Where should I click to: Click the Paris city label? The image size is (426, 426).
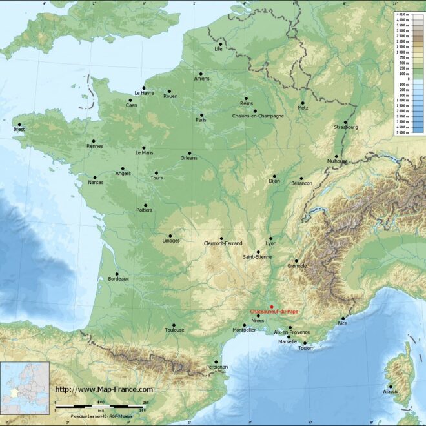pos(201,120)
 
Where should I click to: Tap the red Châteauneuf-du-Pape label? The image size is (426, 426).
pos(274,312)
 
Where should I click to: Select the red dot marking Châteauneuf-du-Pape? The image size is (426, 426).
pos(272,307)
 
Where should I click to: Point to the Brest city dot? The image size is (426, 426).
pos(19,125)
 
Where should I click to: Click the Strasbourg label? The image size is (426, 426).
pos(345,127)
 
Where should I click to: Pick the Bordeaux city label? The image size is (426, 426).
pos(118,279)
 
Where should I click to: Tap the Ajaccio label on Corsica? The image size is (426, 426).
pos(391,391)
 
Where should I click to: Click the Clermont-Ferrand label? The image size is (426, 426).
pos(223,243)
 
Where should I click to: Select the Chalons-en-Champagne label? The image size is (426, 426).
pos(258,116)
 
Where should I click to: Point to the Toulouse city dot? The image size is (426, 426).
pos(174,325)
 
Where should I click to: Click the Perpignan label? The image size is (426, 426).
pos(216,367)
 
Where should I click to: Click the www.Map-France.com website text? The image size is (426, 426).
pos(104,389)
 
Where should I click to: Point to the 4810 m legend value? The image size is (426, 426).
pos(401,14)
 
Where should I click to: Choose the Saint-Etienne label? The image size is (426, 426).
pos(257,257)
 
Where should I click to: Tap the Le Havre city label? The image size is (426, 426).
pos(144,93)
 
